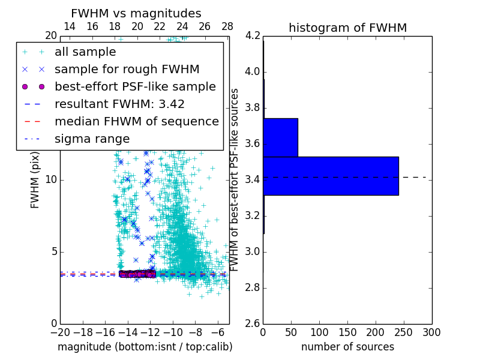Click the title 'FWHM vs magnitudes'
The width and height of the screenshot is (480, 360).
click(136, 13)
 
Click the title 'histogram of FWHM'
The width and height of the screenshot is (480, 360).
click(347, 28)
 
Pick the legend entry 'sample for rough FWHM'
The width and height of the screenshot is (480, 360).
click(127, 69)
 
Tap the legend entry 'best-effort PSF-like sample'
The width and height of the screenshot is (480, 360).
click(135, 86)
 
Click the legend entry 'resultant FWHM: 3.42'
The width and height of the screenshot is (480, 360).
click(119, 104)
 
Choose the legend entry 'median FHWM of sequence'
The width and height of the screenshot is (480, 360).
click(136, 121)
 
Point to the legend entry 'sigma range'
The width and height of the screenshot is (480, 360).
click(92, 139)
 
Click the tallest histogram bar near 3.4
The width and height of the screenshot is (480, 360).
click(331, 176)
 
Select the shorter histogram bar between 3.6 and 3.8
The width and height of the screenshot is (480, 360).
click(280, 137)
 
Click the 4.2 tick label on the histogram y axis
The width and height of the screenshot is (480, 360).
click(253, 36)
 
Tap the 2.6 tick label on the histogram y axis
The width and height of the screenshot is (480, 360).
click(253, 323)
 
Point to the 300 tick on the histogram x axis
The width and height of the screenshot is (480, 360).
click(431, 332)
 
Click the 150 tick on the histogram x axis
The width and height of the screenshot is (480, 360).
click(347, 332)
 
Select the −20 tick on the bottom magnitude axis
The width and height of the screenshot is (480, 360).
click(60, 332)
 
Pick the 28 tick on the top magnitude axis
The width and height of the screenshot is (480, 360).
click(227, 26)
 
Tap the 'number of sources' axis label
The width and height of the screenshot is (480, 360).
click(347, 347)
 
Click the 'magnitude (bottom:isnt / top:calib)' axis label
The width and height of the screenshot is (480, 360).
click(145, 347)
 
